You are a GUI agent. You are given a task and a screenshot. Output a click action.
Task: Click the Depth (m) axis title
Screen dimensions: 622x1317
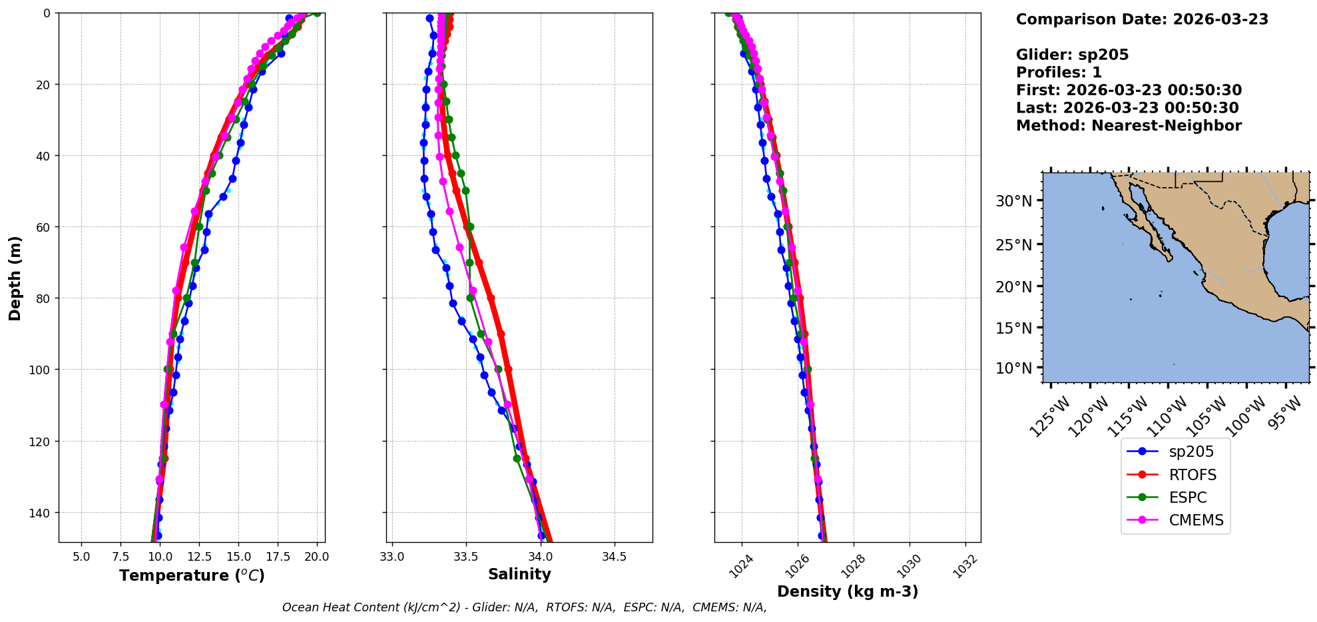click(15, 278)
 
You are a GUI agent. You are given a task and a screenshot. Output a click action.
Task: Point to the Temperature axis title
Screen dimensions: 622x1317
click(192, 575)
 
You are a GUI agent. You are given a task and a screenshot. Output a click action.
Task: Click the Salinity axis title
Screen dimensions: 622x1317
click(519, 574)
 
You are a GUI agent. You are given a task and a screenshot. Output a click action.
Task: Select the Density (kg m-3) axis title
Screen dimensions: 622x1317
click(848, 591)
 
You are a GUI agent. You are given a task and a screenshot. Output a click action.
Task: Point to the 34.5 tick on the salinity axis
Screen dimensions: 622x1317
click(614, 556)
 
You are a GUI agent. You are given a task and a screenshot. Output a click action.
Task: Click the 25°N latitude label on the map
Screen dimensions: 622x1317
click(1013, 245)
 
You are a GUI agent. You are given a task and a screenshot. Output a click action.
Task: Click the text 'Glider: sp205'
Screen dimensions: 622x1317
click(1072, 55)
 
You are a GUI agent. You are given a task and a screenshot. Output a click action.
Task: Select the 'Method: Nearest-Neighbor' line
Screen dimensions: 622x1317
click(1129, 126)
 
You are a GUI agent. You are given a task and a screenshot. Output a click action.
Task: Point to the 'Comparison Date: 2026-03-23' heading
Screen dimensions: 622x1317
click(1142, 19)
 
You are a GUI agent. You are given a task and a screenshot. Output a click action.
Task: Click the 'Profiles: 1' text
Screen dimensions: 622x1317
click(1059, 73)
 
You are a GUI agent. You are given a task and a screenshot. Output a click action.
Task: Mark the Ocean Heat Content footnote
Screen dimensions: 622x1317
click(524, 607)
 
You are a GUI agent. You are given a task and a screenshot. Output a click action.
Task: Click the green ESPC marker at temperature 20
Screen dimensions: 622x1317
click(317, 13)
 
